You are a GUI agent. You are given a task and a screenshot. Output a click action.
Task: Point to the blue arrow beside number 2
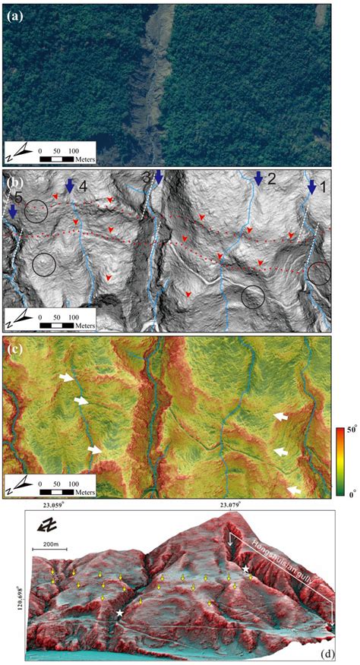point(259,178)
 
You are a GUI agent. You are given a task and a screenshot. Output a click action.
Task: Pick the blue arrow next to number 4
point(70,184)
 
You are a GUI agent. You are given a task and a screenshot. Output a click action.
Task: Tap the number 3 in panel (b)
point(147,177)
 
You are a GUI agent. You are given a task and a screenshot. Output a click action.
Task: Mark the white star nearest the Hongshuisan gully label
point(245,569)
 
